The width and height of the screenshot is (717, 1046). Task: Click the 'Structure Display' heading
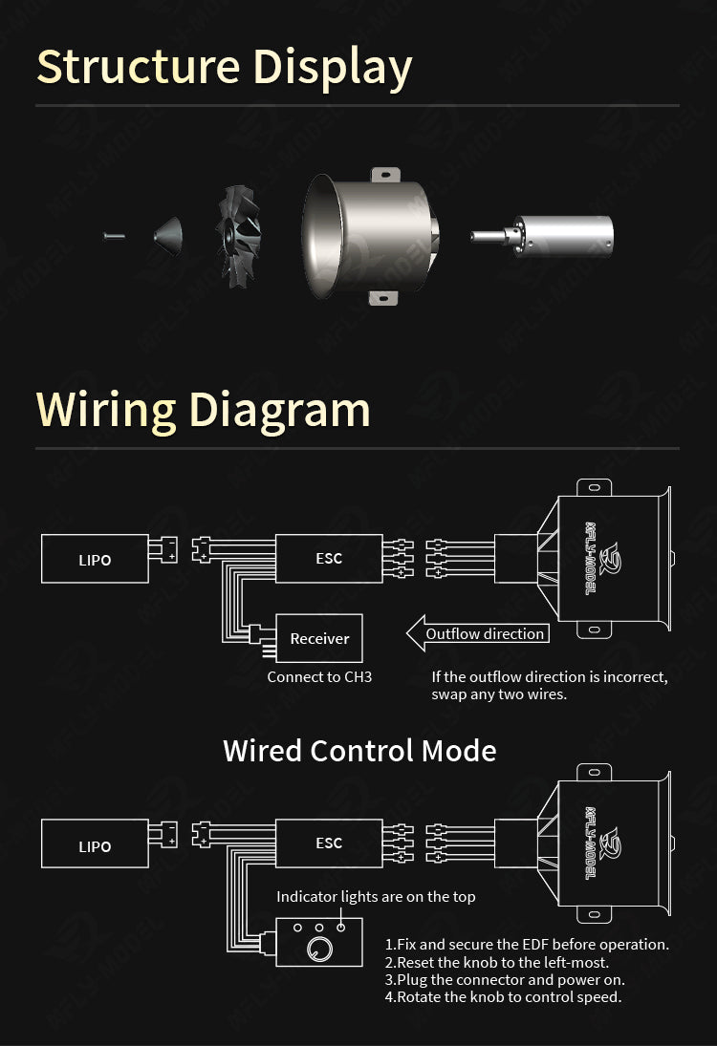point(224,67)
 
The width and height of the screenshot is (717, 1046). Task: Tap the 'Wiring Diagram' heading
point(203,409)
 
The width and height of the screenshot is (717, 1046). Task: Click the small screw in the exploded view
point(114,235)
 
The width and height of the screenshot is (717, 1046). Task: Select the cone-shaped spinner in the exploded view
point(169,233)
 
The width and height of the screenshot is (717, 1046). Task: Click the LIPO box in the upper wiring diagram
point(95,559)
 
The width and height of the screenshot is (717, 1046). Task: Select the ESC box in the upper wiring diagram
point(329,558)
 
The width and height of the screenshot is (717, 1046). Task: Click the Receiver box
point(319,638)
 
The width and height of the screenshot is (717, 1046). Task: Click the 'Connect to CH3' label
point(319,676)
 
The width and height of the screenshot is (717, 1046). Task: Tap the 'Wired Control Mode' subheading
point(359,751)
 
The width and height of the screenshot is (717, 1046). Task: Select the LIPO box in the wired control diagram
point(95,844)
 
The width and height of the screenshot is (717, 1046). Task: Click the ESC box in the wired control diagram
point(329,843)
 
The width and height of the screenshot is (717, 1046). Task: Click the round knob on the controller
point(316,949)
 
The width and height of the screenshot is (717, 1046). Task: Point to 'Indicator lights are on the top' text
point(376,896)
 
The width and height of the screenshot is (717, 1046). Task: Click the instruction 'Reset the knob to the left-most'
point(496,962)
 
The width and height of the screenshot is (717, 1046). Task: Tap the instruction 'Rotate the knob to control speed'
point(503,996)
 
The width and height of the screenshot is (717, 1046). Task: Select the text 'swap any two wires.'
point(499,694)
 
